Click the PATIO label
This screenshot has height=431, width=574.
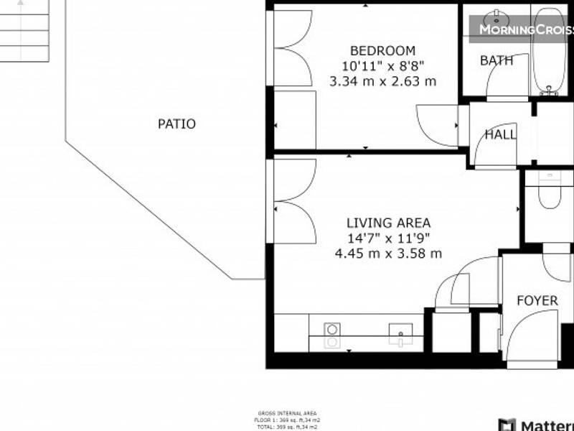[177, 124]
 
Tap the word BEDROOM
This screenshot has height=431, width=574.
[382, 51]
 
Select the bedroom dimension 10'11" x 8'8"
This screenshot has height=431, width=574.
[382, 66]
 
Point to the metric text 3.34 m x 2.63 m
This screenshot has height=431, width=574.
[382, 81]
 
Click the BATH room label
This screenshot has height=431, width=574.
[497, 61]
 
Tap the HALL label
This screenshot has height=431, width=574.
[499, 134]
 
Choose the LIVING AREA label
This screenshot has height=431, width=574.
[388, 223]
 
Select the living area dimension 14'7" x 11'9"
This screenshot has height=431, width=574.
[388, 238]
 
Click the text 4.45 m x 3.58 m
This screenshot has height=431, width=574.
[388, 254]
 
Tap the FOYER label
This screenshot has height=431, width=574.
[537, 300]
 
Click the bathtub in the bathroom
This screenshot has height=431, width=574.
[550, 50]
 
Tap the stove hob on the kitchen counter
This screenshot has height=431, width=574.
[331, 335]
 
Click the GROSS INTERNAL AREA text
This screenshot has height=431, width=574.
[287, 414]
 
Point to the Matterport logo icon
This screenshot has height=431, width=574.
[507, 425]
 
